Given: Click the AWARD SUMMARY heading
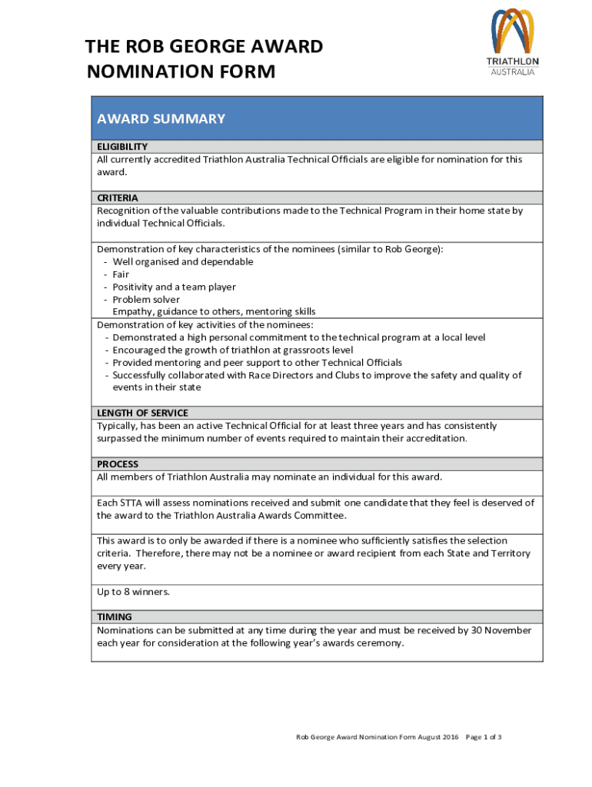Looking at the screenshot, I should click(161, 118).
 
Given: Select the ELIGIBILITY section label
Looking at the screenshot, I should click(122, 146).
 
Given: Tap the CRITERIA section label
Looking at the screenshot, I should click(118, 198).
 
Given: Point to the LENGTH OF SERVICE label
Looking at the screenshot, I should click(142, 413).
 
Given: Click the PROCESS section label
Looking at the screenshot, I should click(118, 464).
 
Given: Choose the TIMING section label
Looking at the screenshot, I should click(114, 616).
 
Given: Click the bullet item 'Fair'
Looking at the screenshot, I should click(121, 274).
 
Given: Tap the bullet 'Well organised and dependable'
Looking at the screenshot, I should click(182, 261).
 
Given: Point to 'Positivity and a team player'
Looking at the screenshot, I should click(174, 287).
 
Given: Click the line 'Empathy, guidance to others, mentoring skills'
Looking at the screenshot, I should click(214, 311).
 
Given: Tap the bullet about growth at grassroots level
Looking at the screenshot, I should click(233, 350).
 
